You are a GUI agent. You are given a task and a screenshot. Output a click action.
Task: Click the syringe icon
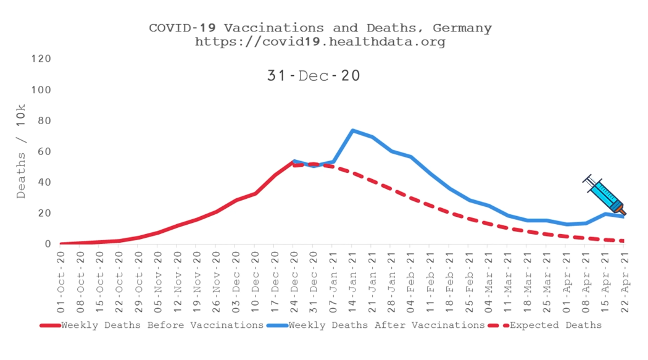(604, 195)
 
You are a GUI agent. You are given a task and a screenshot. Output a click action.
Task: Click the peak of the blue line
(352, 131)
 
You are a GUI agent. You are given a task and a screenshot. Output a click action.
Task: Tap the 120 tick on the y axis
(41, 59)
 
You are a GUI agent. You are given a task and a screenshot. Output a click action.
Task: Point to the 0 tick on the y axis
(48, 245)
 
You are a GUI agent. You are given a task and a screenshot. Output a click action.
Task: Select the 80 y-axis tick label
(44, 120)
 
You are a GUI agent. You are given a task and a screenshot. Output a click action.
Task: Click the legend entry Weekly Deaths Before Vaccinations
(152, 325)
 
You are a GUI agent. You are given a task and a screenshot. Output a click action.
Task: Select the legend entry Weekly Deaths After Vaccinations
(376, 325)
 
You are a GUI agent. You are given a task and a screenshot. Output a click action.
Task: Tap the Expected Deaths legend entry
(545, 325)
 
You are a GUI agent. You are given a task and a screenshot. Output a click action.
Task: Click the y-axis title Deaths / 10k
(20, 151)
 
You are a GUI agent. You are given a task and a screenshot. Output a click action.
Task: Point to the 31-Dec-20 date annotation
(314, 75)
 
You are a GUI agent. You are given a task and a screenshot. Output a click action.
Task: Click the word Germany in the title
(462, 28)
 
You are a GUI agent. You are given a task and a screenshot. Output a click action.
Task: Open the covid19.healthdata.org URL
(320, 42)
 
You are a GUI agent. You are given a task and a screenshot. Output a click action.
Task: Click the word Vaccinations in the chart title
(274, 28)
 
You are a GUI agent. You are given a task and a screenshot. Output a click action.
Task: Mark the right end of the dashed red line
(623, 241)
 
